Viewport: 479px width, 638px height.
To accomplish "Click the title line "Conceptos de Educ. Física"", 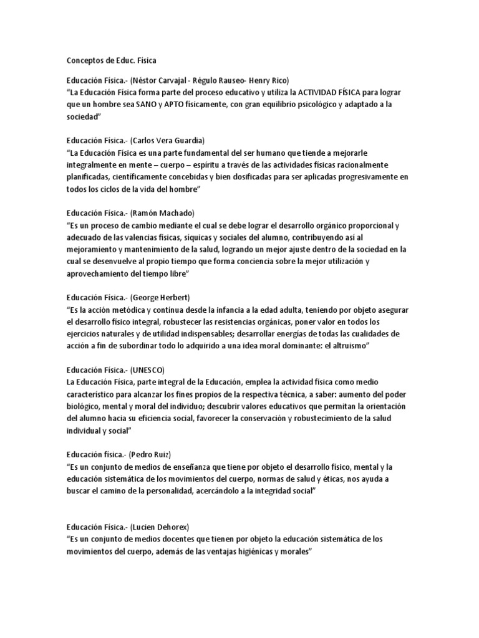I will coord(112,60).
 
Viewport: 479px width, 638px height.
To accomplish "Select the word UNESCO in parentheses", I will coord(147,369).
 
